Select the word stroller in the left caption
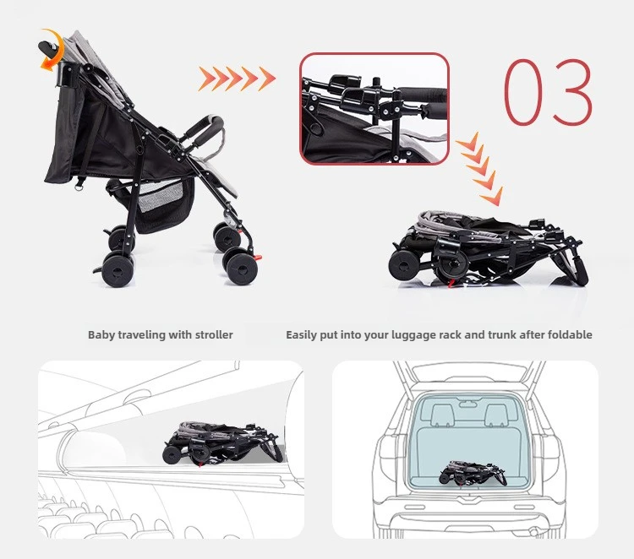214,335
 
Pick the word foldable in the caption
570,335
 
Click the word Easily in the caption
302,335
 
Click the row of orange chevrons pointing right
237,79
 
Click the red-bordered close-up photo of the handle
374,108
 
